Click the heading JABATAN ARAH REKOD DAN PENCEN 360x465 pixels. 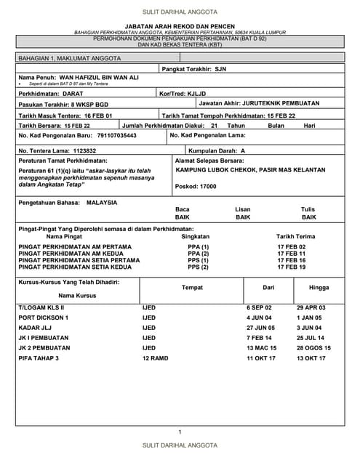coord(180,26)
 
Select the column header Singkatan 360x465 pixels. coord(196,236)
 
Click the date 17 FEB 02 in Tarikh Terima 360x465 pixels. coord(292,247)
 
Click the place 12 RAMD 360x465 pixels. coord(156,358)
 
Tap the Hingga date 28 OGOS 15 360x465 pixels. coord(313,348)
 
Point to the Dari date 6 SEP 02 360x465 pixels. coord(260,308)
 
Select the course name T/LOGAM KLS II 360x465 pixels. coord(41,308)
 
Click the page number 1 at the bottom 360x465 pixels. coord(180,432)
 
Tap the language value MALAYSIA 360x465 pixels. coord(101,203)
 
